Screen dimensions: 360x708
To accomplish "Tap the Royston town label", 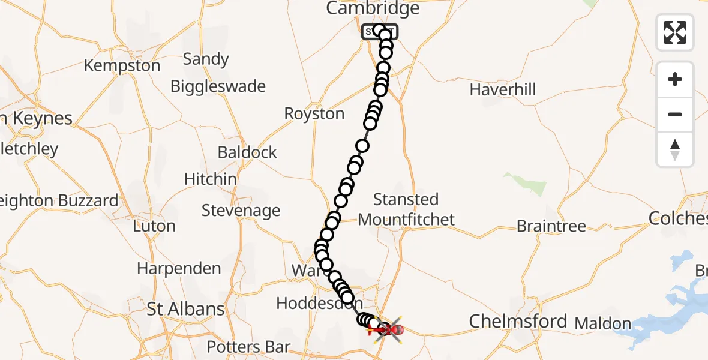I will (x=314, y=113).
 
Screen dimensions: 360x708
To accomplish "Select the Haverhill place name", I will (x=503, y=90).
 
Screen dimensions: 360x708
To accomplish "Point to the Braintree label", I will (x=551, y=226).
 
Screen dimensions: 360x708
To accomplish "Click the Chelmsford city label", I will (x=518, y=321).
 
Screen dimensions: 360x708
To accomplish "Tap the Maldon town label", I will (x=602, y=323).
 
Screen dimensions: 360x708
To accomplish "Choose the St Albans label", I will (x=186, y=309).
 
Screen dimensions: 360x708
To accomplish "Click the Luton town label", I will (x=154, y=226).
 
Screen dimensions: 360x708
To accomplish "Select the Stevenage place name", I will (x=241, y=211).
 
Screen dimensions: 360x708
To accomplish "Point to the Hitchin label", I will (x=210, y=179).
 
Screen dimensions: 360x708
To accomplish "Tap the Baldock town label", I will (x=247, y=152).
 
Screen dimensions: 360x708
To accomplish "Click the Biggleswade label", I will (x=218, y=86).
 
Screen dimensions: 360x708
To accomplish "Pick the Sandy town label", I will (x=206, y=59).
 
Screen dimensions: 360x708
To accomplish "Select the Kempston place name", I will (x=122, y=65).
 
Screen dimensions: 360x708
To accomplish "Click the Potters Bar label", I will (x=248, y=347).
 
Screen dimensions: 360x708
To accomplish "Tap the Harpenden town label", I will (x=179, y=268).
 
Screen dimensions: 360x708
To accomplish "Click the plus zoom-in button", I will (x=675, y=79).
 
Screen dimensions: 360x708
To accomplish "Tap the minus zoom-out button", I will (x=675, y=114).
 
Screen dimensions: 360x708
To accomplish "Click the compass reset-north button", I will (x=675, y=149).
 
